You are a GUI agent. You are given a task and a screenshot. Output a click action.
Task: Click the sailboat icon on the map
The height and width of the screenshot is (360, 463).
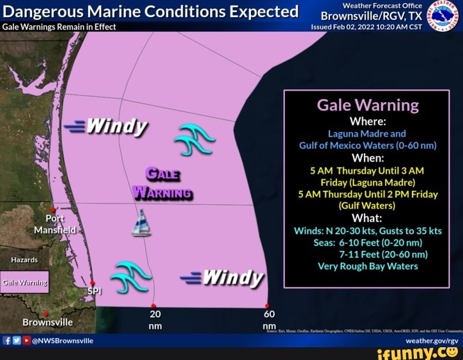pyautogui.click(x=140, y=223)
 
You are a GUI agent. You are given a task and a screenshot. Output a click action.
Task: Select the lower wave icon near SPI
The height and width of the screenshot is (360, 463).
pyautogui.click(x=130, y=276)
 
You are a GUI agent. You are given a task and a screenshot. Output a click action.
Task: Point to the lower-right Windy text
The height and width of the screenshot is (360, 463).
pyautogui.click(x=223, y=278)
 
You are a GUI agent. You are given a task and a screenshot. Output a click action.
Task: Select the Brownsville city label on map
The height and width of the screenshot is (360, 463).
pyautogui.click(x=47, y=322)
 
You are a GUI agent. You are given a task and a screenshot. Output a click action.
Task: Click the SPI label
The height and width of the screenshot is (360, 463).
pyautogui.click(x=94, y=292)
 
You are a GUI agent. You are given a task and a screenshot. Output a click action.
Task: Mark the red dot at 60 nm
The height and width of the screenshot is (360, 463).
pyautogui.click(x=267, y=306)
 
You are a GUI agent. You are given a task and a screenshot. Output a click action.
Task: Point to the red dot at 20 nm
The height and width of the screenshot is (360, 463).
pyautogui.click(x=153, y=306)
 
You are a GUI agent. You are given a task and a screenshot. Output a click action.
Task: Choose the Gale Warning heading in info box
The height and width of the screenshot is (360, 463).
pyautogui.click(x=367, y=105)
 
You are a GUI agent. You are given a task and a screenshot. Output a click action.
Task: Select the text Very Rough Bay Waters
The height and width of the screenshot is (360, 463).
pyautogui.click(x=367, y=266)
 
